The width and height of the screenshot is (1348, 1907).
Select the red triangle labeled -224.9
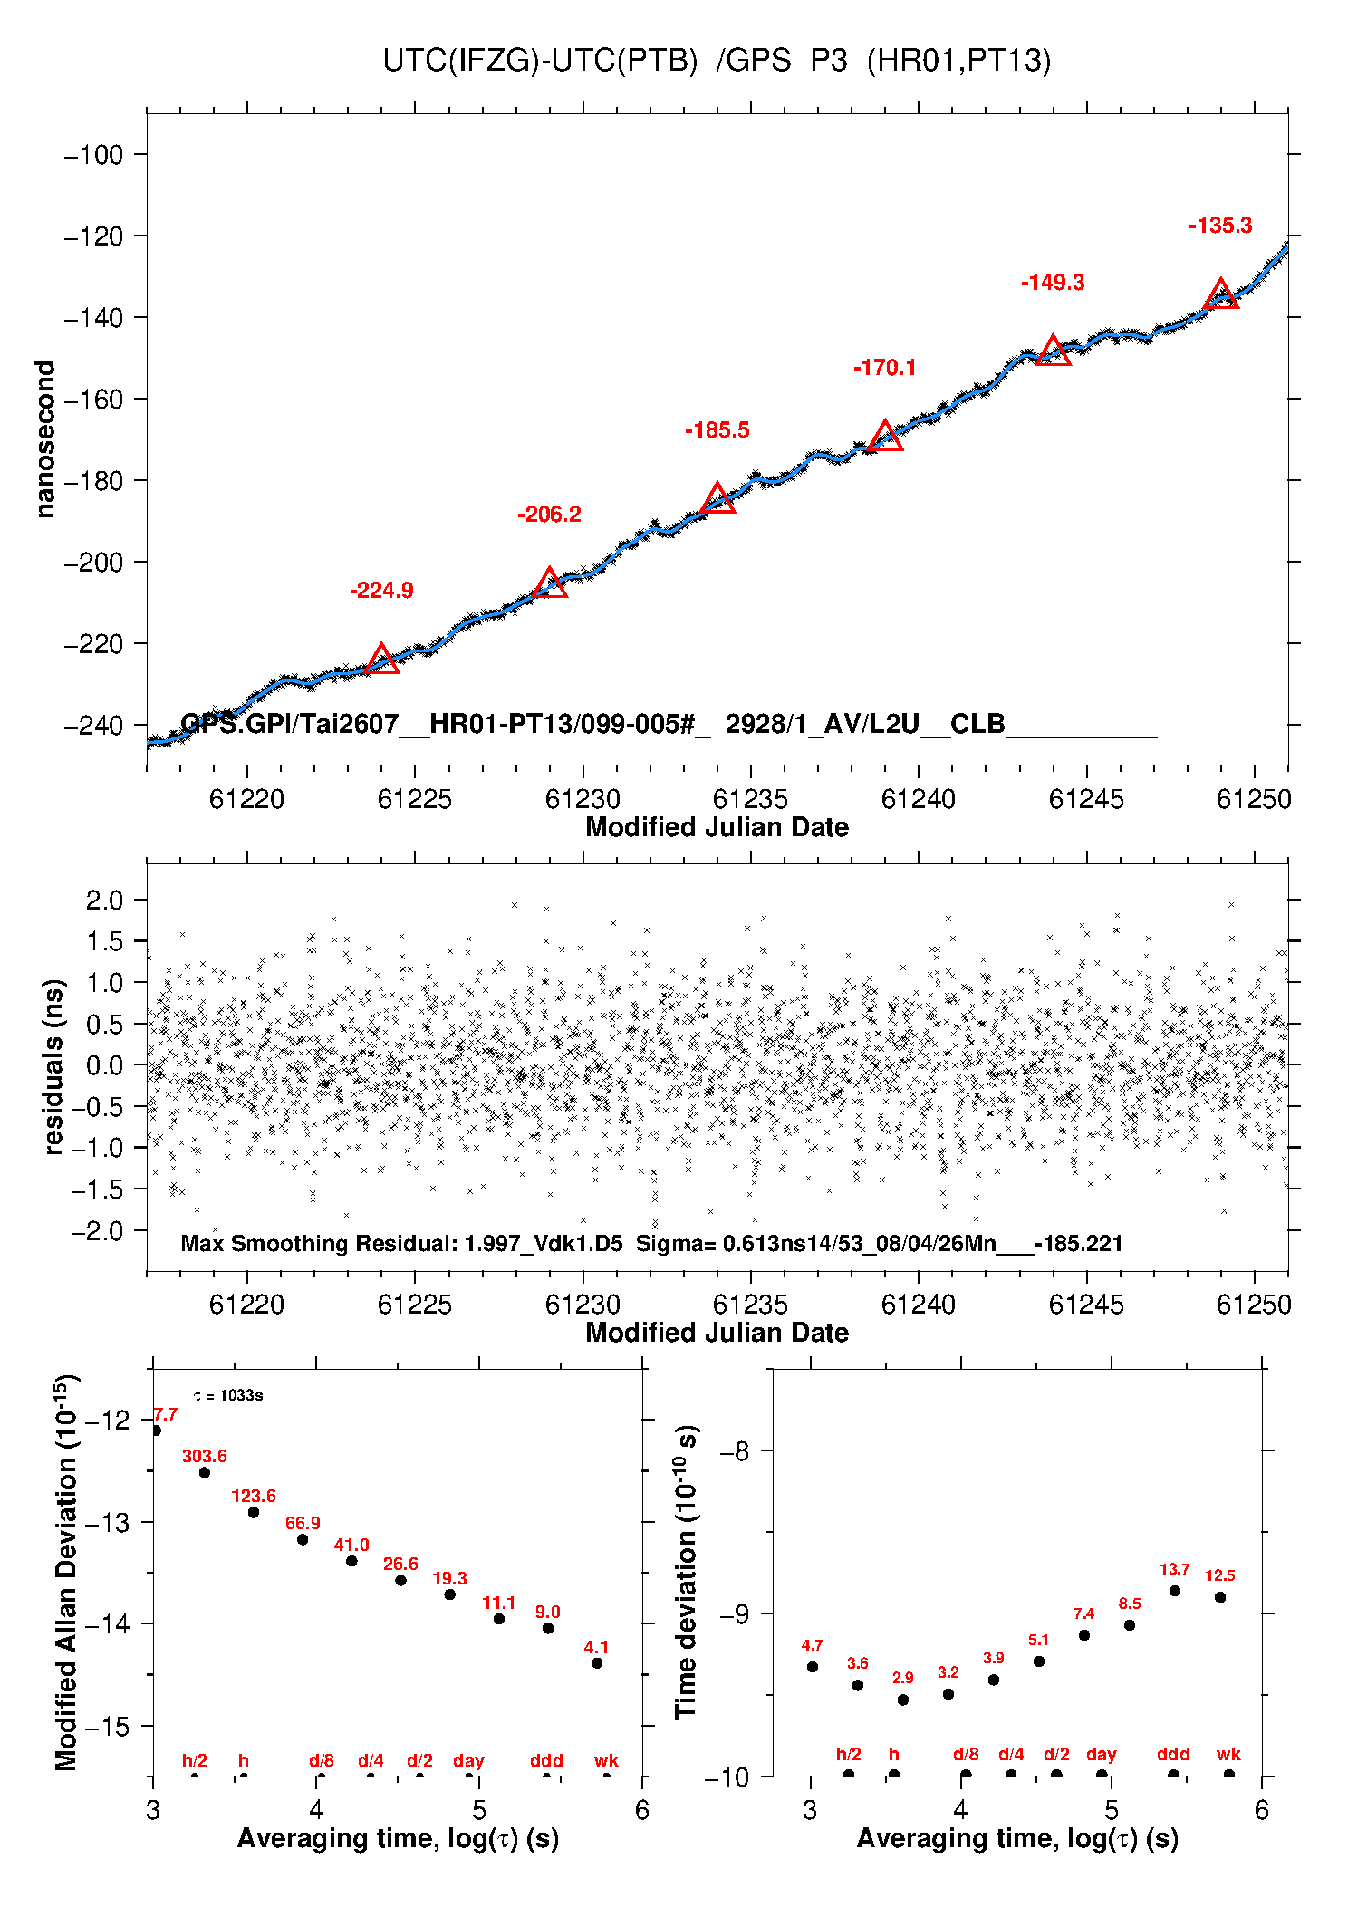(381, 660)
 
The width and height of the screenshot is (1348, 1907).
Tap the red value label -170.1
(885, 367)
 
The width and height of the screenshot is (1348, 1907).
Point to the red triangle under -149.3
(1053, 351)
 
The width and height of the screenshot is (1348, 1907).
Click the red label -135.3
(1220, 226)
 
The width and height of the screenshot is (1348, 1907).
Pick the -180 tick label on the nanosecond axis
(93, 481)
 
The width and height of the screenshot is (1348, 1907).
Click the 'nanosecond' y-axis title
(44, 439)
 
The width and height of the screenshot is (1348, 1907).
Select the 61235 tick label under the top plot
(750, 799)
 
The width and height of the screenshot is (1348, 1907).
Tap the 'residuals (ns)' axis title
(54, 1066)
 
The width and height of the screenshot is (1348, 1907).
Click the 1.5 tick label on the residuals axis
(104, 941)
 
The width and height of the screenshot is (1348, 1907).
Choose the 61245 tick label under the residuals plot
(1086, 1305)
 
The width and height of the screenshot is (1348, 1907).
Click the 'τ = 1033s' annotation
(228, 1395)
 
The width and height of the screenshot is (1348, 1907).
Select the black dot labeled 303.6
(205, 1472)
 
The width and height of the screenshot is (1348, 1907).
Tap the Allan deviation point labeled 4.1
(597, 1662)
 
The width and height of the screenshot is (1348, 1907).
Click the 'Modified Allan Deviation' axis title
(66, 1573)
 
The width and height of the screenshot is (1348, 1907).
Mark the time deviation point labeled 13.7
(1175, 1590)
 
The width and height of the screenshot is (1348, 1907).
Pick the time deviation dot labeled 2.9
(903, 1700)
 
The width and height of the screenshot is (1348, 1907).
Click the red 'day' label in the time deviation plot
(1102, 1754)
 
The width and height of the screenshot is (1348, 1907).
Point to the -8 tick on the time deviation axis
(735, 1451)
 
